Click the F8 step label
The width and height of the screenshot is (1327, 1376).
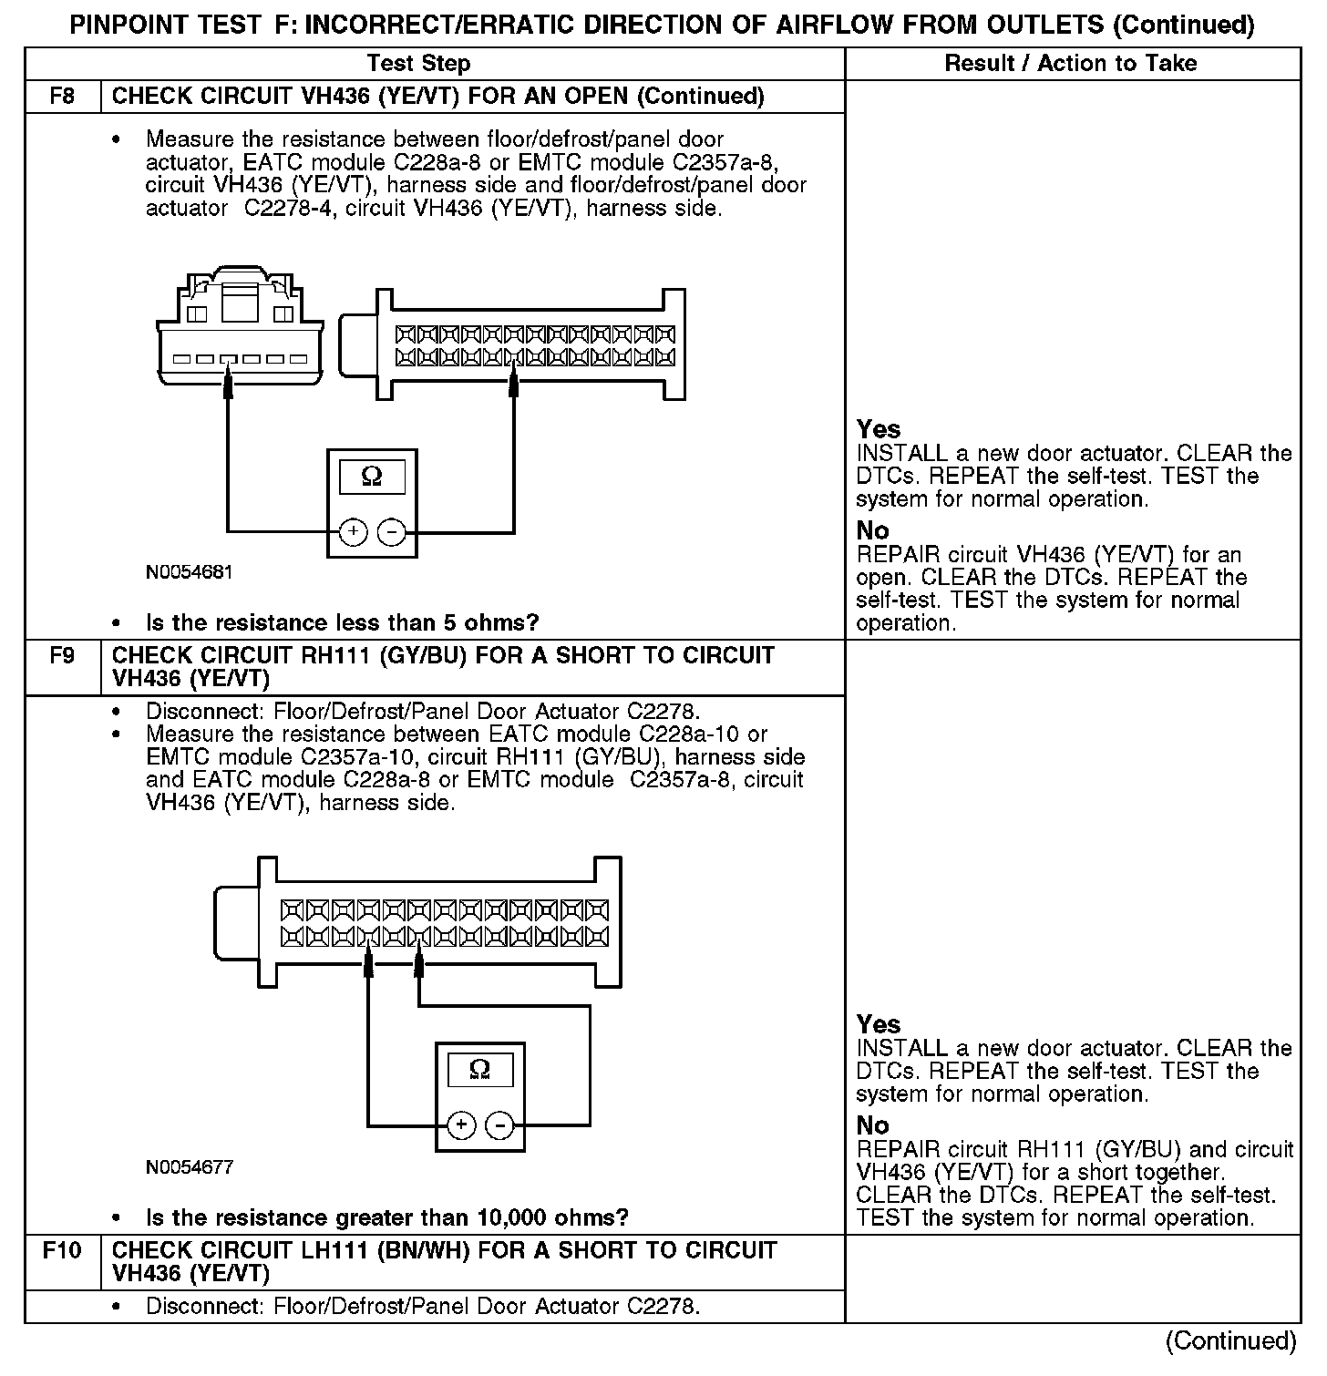coord(62,97)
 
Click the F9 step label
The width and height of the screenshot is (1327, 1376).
coord(62,656)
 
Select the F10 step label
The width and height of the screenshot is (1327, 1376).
coord(62,1250)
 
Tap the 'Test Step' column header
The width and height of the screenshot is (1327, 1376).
coord(418,63)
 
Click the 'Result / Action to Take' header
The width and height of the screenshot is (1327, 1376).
coord(1071,63)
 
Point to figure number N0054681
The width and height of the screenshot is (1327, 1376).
coord(189,573)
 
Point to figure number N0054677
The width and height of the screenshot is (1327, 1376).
coord(190,1167)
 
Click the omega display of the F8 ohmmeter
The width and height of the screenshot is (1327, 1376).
coord(372,477)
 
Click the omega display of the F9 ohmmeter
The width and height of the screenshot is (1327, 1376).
coord(479,1070)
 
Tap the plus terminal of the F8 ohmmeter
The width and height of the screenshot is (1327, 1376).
coord(353,531)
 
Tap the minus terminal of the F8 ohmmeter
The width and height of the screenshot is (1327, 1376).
coord(392,531)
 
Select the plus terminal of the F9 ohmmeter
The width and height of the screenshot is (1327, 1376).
coord(461,1125)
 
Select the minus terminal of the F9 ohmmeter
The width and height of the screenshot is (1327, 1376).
coord(499,1125)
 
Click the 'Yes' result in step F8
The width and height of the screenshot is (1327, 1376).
coord(879,429)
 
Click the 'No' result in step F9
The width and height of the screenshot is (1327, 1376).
coord(872,1125)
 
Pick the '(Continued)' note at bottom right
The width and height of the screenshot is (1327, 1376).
coord(1230,1340)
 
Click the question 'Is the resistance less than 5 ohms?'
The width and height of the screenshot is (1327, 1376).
coord(342,623)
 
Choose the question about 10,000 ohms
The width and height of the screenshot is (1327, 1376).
coord(386,1218)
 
